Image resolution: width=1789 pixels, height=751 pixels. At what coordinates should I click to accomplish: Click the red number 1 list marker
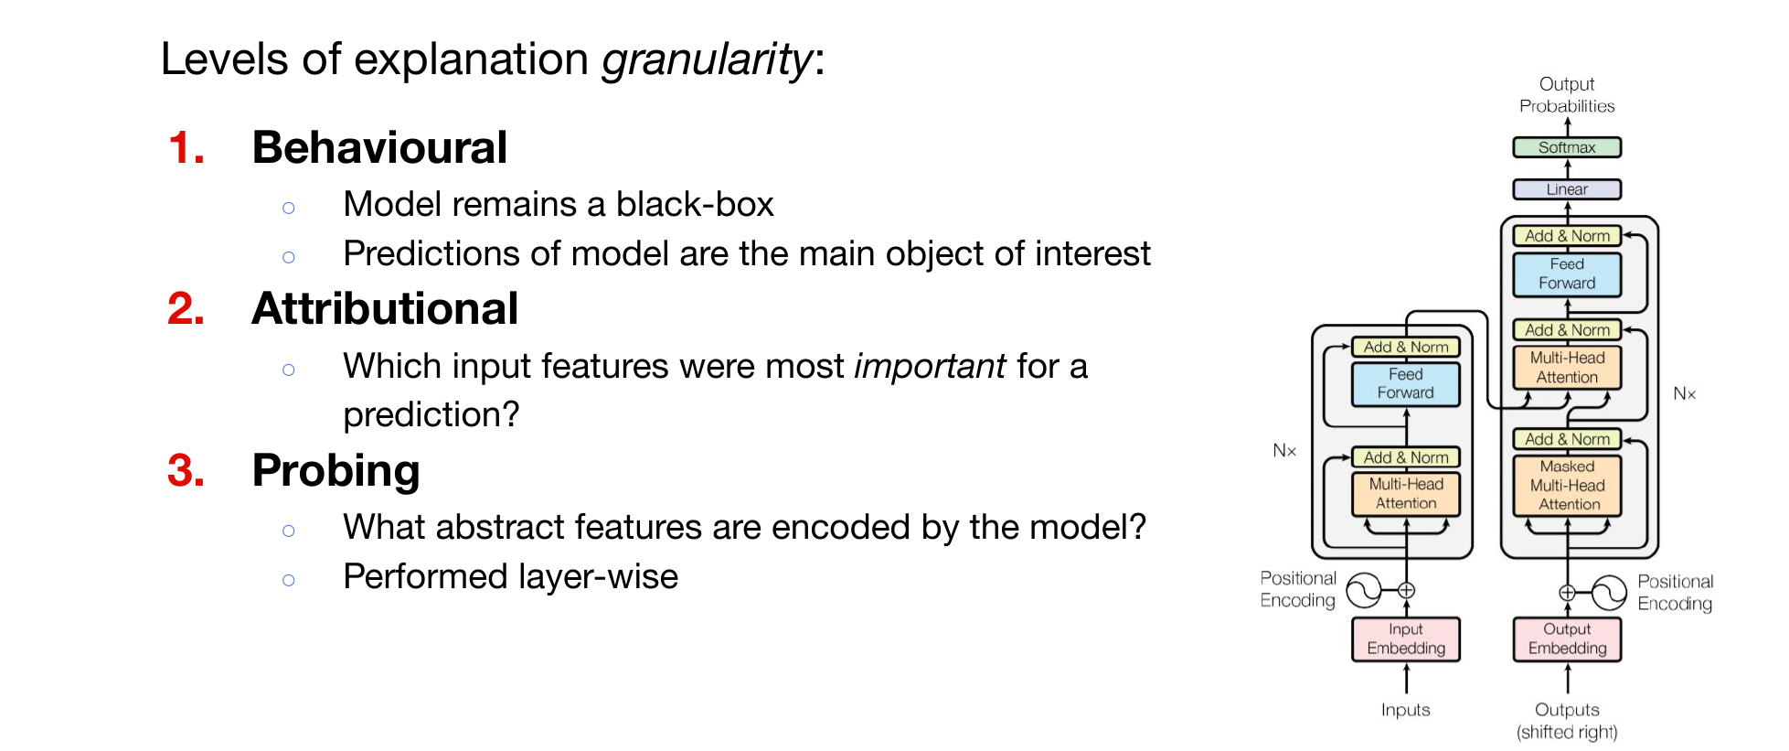point(186,147)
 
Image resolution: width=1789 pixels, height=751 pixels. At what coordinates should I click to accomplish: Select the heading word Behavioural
point(379,147)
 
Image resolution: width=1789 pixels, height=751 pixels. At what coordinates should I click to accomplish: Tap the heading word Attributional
point(385,308)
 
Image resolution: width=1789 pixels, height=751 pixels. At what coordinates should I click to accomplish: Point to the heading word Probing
point(335,471)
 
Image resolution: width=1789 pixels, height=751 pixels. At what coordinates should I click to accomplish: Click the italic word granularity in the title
point(707,60)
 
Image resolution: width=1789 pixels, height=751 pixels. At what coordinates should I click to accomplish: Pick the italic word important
point(930,366)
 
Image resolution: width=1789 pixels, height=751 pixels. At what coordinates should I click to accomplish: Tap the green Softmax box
point(1567,147)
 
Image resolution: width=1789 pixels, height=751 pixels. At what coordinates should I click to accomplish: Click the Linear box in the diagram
point(1567,189)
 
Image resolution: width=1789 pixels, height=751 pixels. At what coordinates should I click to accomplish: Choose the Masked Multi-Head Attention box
point(1567,486)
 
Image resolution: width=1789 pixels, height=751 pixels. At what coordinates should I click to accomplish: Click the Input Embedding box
point(1406,638)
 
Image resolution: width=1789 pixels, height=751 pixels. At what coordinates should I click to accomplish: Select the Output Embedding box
point(1567,638)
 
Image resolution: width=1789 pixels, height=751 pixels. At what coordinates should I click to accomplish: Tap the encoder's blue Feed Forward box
point(1406,384)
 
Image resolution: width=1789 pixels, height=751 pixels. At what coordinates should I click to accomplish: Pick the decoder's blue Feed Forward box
point(1567,274)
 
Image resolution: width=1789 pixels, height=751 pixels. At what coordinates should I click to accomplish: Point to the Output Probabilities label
point(1567,95)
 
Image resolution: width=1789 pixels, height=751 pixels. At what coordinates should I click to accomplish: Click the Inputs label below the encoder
point(1406,710)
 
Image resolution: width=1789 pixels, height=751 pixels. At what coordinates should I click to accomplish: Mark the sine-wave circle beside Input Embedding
point(1364,591)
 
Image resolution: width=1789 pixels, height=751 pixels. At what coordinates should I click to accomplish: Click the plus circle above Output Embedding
point(1567,593)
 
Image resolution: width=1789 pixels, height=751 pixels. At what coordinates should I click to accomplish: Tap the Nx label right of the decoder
point(1684,394)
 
